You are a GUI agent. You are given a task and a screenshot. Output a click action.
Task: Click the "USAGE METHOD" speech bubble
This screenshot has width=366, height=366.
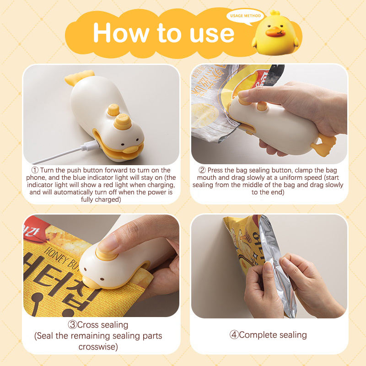[x=245, y=16]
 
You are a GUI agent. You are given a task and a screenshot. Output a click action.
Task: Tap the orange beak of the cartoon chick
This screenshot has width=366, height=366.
[x=275, y=32]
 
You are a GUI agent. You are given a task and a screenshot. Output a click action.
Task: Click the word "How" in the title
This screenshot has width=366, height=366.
[x=121, y=32]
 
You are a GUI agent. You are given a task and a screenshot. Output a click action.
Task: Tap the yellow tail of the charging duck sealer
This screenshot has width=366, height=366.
[x=79, y=77]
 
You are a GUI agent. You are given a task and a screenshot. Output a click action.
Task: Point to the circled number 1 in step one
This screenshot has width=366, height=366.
[x=35, y=170]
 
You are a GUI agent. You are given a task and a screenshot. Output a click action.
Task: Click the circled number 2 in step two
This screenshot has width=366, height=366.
[x=202, y=170]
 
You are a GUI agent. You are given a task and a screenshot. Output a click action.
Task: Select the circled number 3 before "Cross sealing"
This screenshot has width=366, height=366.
[x=72, y=325]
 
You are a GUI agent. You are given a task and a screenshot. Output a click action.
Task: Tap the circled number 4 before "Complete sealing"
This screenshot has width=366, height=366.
[x=234, y=335]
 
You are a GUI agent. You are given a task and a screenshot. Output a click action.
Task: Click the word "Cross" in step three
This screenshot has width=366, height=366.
[x=88, y=325]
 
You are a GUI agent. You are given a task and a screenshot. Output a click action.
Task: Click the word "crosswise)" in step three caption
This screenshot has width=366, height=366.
[x=98, y=347]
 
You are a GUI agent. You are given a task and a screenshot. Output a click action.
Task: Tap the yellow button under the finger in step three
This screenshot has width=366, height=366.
[x=107, y=254]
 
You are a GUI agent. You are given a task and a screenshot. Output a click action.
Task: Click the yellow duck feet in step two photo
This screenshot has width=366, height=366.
[x=323, y=144]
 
